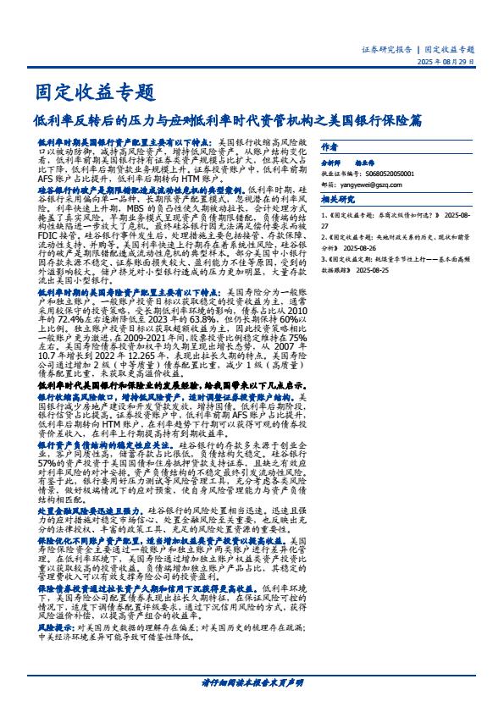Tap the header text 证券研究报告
[389, 50]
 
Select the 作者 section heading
[331, 141]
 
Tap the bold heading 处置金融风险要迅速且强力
[91, 511]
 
